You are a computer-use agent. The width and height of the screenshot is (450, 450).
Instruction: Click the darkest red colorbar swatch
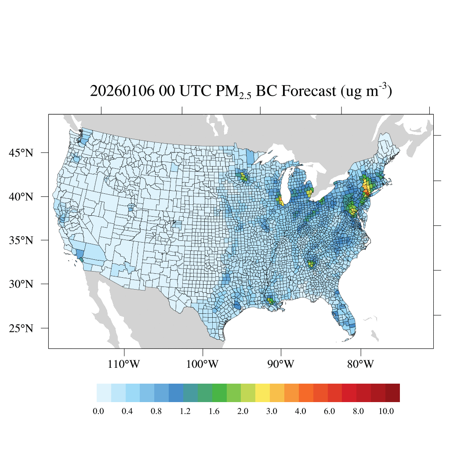392,393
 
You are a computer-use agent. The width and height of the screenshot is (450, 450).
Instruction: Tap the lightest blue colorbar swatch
104,393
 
